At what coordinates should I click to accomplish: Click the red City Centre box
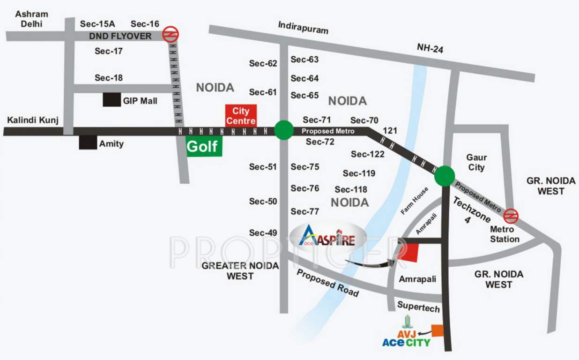(241, 115)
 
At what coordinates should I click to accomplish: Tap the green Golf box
(204, 147)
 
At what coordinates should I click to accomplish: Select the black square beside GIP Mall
(111, 100)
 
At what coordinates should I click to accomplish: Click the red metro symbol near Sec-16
(170, 34)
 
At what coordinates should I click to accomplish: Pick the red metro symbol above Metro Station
(511, 215)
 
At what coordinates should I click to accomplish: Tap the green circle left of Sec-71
(283, 130)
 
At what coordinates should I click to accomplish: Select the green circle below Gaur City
(444, 176)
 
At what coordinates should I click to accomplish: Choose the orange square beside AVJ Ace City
(437, 330)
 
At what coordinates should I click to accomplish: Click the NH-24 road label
(430, 47)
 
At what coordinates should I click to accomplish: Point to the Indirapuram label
(303, 27)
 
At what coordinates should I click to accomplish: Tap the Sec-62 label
(263, 64)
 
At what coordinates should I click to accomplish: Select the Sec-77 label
(305, 211)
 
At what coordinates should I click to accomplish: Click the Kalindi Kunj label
(33, 120)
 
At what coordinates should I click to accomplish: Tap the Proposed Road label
(327, 283)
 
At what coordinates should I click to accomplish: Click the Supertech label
(418, 307)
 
